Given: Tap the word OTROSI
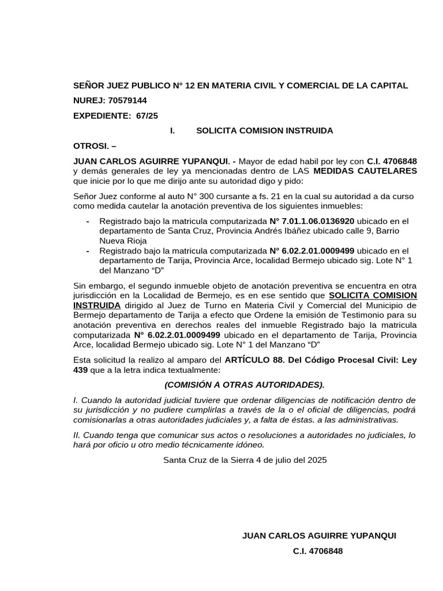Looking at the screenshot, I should point(91,145).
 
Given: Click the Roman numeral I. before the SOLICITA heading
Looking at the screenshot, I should point(172,130).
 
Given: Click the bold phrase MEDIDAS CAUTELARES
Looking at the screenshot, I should point(365,171).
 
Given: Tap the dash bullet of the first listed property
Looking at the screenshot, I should point(88,221).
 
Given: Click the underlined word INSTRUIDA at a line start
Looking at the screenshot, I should point(97,305).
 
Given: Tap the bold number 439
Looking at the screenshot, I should point(81,369).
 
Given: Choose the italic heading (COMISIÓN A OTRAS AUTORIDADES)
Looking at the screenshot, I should point(245,384).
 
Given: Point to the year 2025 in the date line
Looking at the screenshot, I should point(317,460).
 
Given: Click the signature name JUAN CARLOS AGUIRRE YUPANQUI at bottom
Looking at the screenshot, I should point(319,536).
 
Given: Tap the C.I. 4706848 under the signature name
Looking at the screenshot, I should point(318,551).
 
